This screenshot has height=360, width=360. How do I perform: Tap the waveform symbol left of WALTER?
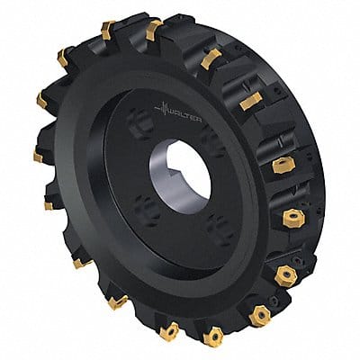(161, 109)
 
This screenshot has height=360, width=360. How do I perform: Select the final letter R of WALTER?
(199, 120)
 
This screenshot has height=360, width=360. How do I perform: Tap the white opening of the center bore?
(187, 173)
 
